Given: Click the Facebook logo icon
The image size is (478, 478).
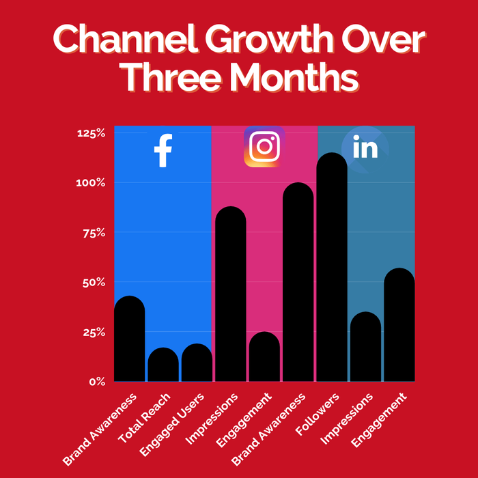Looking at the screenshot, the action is coord(163,150).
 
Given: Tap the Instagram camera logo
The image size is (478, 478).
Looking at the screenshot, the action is coord(264,146).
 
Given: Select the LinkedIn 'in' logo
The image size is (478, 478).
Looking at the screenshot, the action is coord(365,147).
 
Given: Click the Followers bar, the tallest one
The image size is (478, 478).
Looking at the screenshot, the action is coord(332,267).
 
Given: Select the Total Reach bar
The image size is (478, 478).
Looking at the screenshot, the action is coord(163,364).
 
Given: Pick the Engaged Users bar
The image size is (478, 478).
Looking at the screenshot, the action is coord(197,363).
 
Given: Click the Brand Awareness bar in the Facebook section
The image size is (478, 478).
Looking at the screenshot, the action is coord(130,339).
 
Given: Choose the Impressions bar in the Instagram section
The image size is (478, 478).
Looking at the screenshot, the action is coord(231,294).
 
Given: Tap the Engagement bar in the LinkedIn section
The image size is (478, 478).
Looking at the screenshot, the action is coord(399,324).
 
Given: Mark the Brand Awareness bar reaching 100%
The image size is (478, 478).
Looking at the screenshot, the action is coord(298,281).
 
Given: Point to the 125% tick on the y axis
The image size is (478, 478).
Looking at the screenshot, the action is coord(91,133).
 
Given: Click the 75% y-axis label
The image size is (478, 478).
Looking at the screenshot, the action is coord(94,234).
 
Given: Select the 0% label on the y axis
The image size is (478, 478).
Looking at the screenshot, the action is coord(97,382).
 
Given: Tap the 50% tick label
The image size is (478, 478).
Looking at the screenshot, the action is coord(94,283).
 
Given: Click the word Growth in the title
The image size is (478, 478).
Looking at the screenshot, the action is coord(269,40).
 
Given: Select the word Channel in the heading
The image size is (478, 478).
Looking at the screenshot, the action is coord(125,40).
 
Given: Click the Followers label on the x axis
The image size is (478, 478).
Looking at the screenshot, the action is coord(318,414).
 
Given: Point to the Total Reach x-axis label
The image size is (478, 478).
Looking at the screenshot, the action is coord(144,418).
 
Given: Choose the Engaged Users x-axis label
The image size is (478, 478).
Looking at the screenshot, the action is coord(171,425).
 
